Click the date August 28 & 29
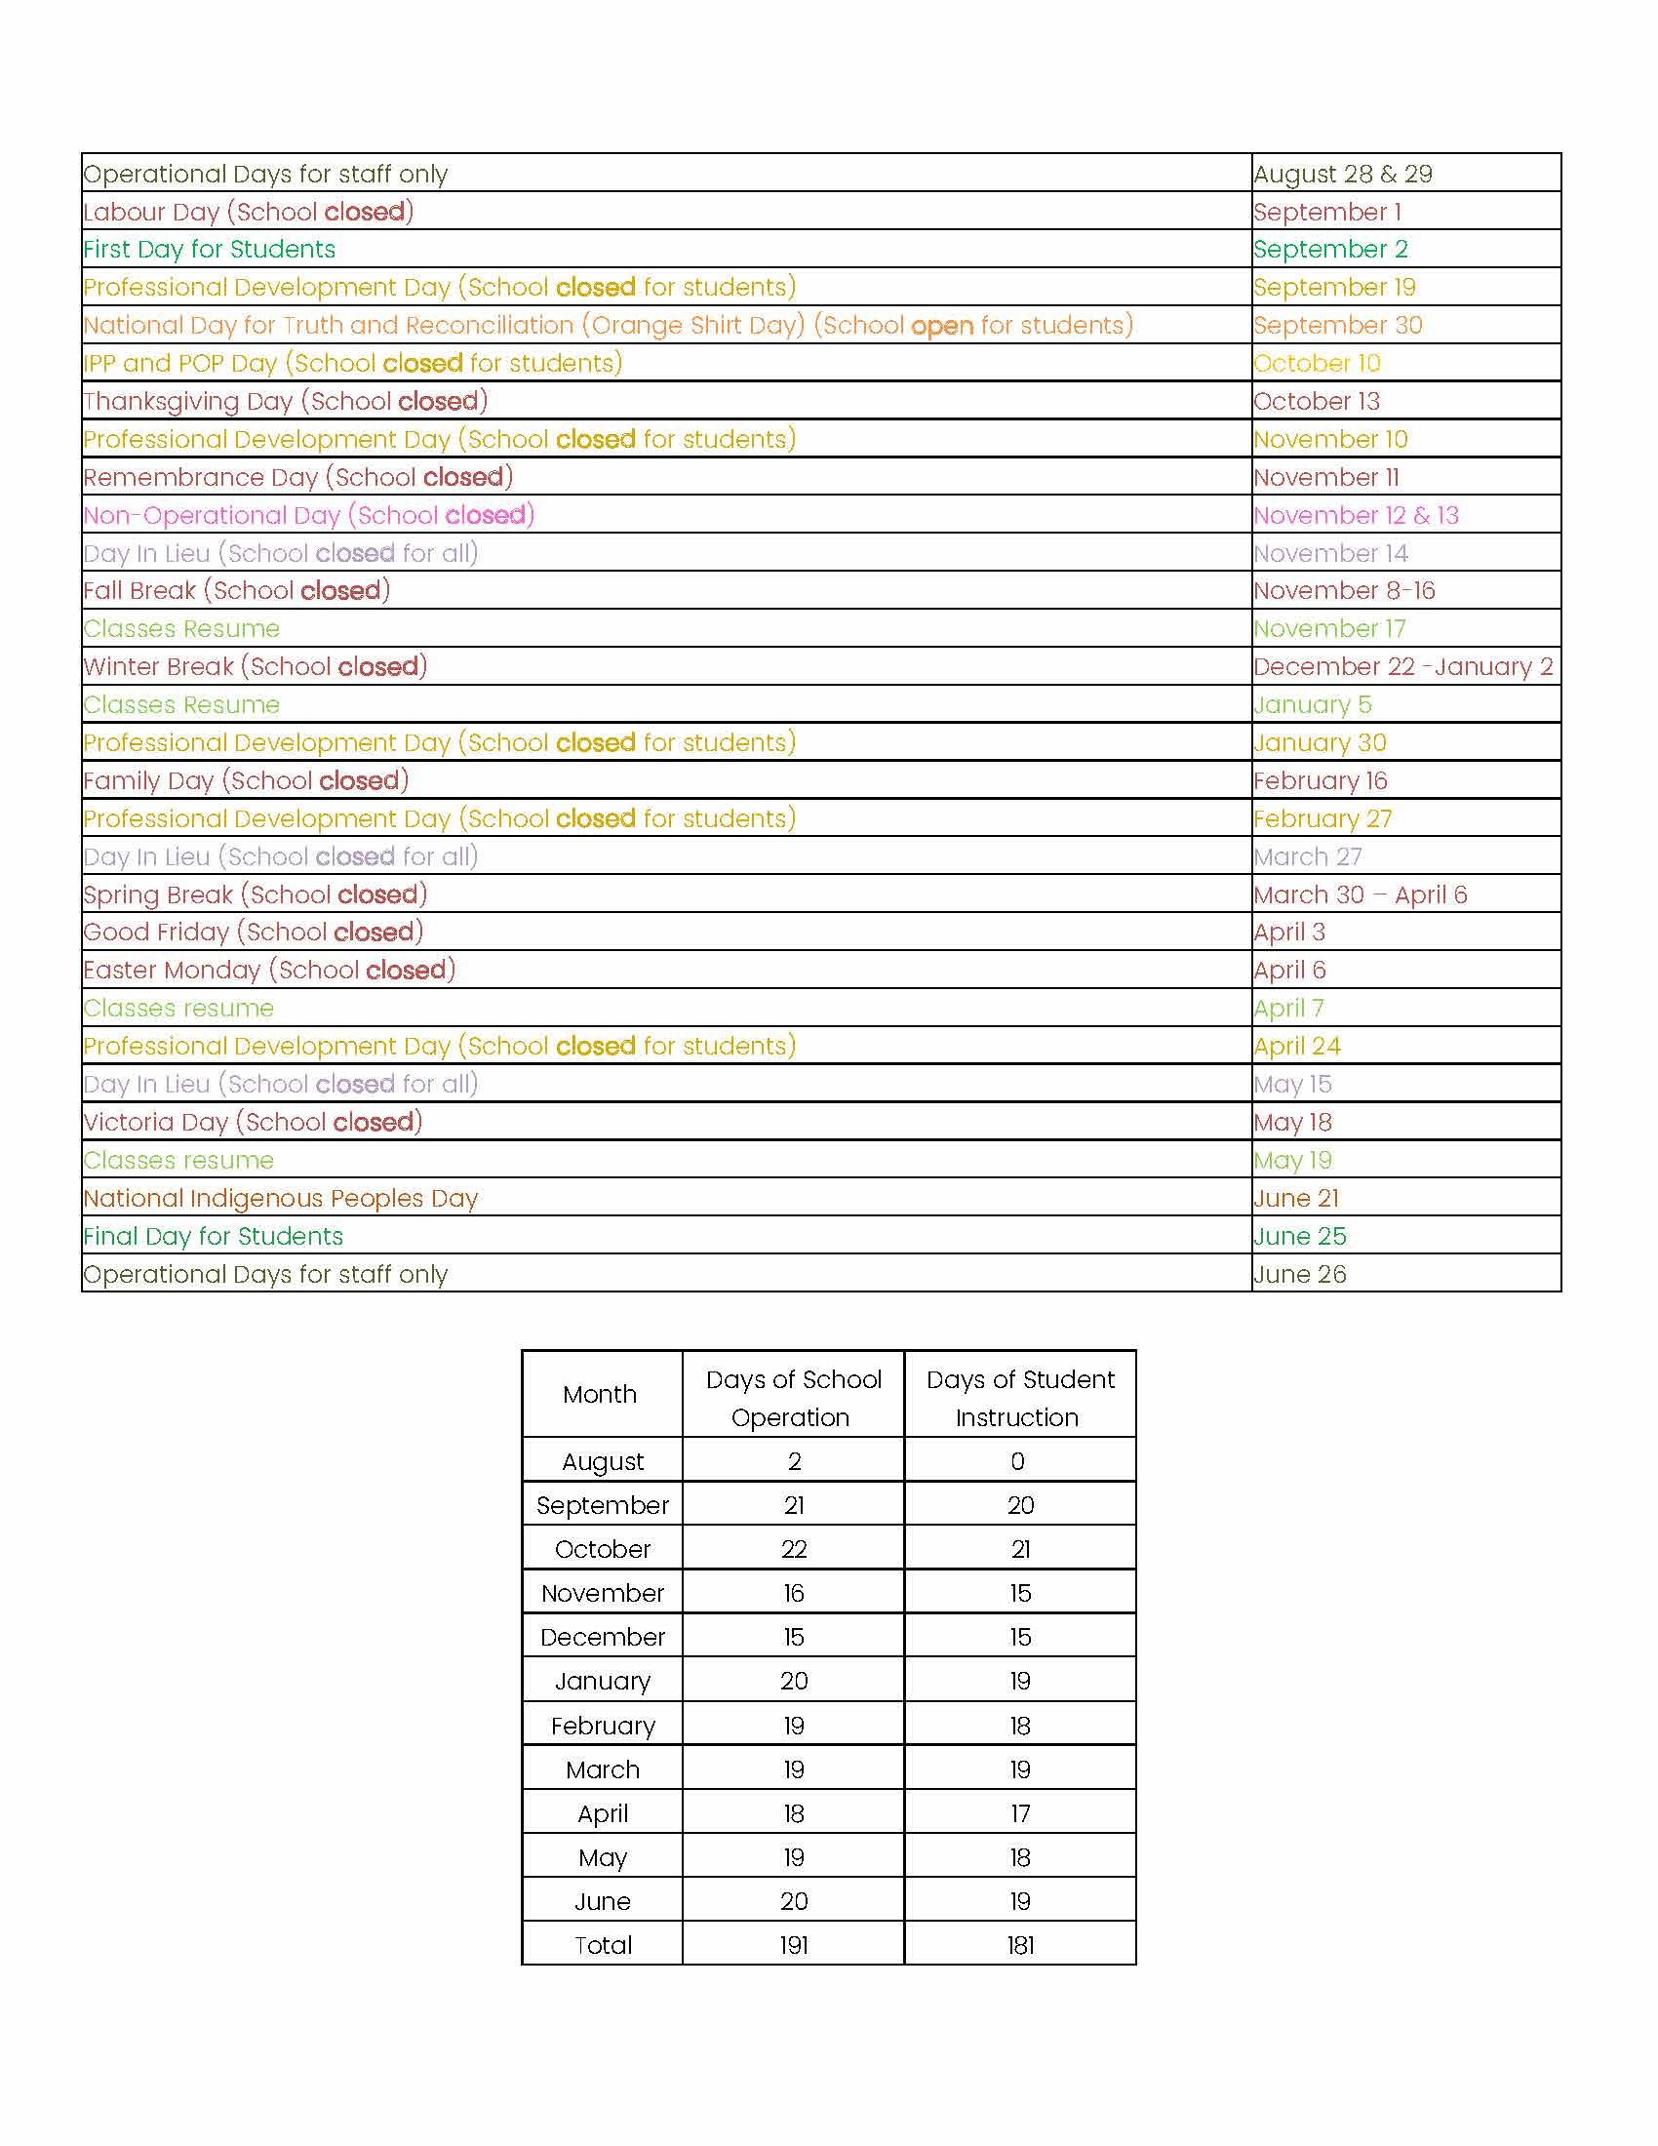(x=1342, y=174)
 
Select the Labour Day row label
(x=249, y=212)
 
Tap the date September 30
(x=1337, y=325)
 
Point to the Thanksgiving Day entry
(x=285, y=401)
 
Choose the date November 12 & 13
(x=1356, y=515)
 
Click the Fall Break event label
(x=237, y=590)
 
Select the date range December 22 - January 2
(x=1402, y=667)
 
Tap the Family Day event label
(x=246, y=781)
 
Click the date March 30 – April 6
(x=1360, y=895)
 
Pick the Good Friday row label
(x=253, y=933)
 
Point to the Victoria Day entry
(x=253, y=1122)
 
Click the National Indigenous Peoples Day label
(x=281, y=1199)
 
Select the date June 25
(x=1299, y=1236)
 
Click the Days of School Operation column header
(x=793, y=1397)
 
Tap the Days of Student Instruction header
(x=1018, y=1397)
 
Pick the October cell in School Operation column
(x=793, y=1550)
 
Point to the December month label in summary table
(x=602, y=1637)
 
